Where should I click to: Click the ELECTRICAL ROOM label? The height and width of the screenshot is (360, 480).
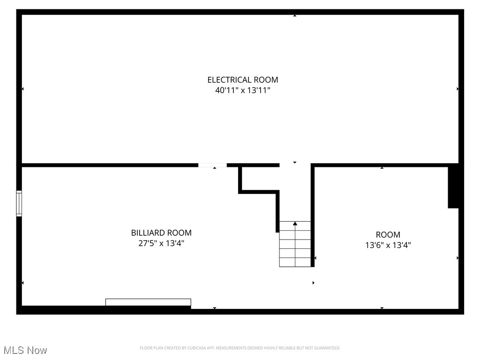[243, 80]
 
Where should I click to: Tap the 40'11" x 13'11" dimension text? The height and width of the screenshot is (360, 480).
[243, 90]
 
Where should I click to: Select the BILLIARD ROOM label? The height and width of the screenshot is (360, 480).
[161, 232]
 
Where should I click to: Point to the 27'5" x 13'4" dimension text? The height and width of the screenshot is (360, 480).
[161, 243]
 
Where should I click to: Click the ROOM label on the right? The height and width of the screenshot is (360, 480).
[388, 234]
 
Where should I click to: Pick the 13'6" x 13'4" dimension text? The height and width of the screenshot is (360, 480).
[388, 245]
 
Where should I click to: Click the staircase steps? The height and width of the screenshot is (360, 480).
[295, 248]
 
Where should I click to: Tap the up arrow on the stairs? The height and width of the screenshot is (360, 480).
[295, 224]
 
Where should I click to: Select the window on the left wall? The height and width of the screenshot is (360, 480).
[19, 203]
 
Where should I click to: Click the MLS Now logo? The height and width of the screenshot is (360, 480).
[25, 350]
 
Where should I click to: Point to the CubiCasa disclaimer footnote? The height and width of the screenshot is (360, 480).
[240, 348]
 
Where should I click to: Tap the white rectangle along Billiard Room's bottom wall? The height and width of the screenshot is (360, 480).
[148, 302]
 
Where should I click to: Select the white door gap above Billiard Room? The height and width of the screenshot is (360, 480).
[212, 165]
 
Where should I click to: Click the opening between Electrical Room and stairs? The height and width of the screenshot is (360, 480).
[295, 165]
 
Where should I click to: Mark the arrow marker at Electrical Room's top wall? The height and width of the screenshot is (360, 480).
[295, 15]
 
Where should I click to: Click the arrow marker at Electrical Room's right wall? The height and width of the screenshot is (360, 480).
[457, 89]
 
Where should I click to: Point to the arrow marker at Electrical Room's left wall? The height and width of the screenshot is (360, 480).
[22, 89]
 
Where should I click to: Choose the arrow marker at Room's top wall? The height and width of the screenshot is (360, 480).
[382, 167]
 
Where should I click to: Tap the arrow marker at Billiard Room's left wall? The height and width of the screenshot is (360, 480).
[22, 283]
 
